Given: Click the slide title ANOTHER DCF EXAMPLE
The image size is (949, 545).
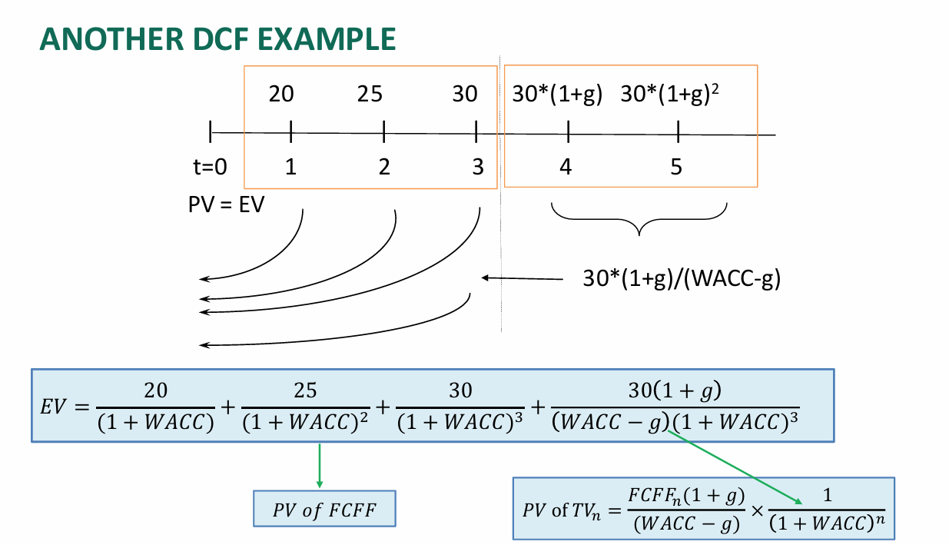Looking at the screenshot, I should click(217, 39).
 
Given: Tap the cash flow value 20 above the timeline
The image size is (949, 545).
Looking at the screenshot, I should click(280, 94).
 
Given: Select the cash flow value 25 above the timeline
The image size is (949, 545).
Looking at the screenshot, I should click(370, 94).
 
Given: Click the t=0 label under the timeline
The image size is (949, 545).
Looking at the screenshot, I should click(210, 167).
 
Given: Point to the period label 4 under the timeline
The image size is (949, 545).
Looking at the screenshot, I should click(566, 167).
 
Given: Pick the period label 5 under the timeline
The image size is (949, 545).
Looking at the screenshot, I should click(676, 167).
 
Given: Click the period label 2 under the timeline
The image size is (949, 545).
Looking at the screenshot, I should click(383, 167).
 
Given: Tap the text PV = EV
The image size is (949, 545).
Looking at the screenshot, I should click(225, 204).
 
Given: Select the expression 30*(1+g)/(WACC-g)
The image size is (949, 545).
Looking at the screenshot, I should click(682, 278).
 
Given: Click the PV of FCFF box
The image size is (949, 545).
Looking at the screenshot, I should click(324, 509).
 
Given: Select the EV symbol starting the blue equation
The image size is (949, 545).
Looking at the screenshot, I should click(53, 406).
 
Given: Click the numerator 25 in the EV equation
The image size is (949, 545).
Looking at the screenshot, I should click(305, 390).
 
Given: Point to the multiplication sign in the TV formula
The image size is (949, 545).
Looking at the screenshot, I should click(756, 510).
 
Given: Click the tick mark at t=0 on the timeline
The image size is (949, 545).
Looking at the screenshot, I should click(211, 132).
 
